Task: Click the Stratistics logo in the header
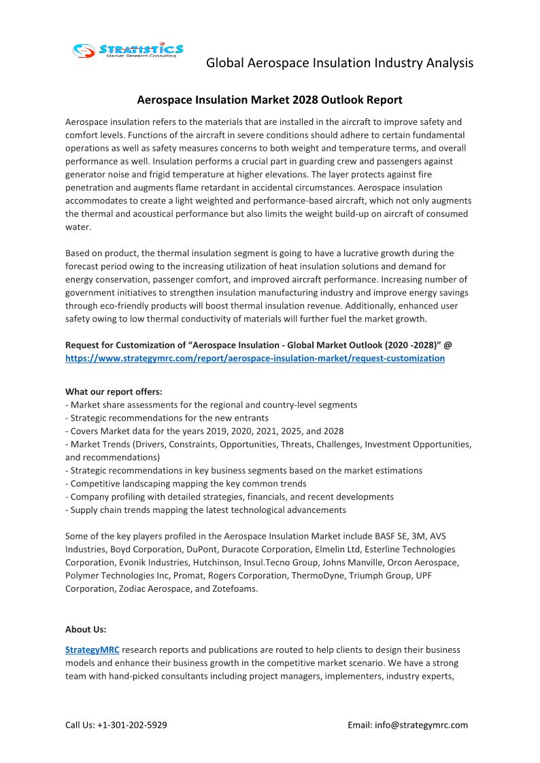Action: [129, 50]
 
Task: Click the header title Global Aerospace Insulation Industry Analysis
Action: [339, 63]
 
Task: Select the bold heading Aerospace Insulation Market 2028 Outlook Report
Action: [269, 100]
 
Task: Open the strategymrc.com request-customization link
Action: [255, 358]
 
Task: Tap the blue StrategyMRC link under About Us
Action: [92, 650]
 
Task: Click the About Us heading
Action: [86, 629]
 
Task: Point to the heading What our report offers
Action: [114, 391]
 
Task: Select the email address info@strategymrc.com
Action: [421, 725]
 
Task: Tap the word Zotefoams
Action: [235, 588]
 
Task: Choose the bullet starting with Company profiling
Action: [229, 497]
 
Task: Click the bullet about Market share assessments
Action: [211, 405]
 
